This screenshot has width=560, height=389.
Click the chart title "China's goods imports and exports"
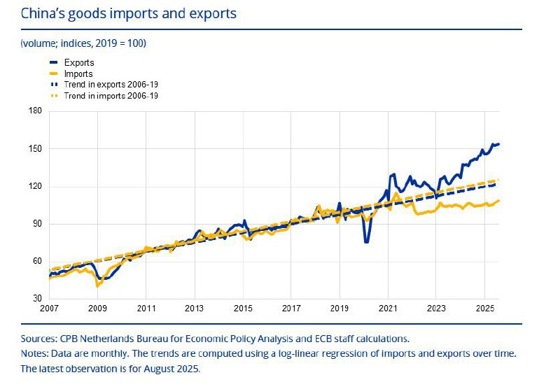(x=128, y=13)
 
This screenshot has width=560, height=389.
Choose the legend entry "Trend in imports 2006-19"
(x=111, y=96)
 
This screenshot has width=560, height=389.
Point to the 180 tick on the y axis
(x=36, y=111)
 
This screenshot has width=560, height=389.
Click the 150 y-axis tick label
(x=36, y=149)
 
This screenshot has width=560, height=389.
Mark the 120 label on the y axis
(x=36, y=187)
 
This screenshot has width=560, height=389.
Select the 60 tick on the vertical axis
(x=36, y=262)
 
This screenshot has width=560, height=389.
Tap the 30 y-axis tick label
(x=36, y=299)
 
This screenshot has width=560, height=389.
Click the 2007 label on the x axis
(x=50, y=309)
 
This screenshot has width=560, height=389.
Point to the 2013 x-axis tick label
(x=195, y=309)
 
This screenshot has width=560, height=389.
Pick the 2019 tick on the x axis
(x=339, y=309)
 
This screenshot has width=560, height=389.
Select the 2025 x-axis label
(x=484, y=309)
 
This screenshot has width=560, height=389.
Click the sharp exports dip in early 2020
(x=366, y=242)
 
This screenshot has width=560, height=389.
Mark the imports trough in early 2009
(x=97, y=285)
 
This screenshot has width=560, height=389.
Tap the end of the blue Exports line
(x=499, y=144)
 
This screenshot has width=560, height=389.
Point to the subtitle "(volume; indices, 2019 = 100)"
(x=83, y=43)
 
